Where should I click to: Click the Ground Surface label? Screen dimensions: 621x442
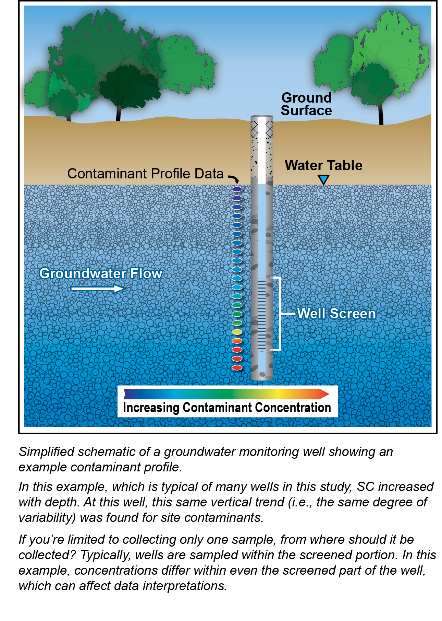[x=306, y=104]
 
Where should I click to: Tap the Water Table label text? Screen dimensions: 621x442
[x=323, y=165]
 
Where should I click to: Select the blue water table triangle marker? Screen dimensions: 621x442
[x=323, y=179]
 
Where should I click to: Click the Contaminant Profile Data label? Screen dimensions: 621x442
[x=145, y=174]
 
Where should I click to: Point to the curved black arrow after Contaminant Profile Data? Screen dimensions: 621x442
[x=234, y=179]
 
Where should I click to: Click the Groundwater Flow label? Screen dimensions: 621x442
[x=101, y=273]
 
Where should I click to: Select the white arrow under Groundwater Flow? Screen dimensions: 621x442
[x=98, y=289]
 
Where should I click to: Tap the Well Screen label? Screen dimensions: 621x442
[x=336, y=314]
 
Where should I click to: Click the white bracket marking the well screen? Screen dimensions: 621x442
[x=280, y=313]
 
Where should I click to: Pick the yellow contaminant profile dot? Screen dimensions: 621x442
[x=237, y=332]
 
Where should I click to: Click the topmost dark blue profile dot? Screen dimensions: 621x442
[x=237, y=189]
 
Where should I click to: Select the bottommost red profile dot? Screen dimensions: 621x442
[x=237, y=368]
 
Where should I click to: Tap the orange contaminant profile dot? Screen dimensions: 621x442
[x=237, y=341]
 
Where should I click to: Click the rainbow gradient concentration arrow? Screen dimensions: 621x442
[x=226, y=394]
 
